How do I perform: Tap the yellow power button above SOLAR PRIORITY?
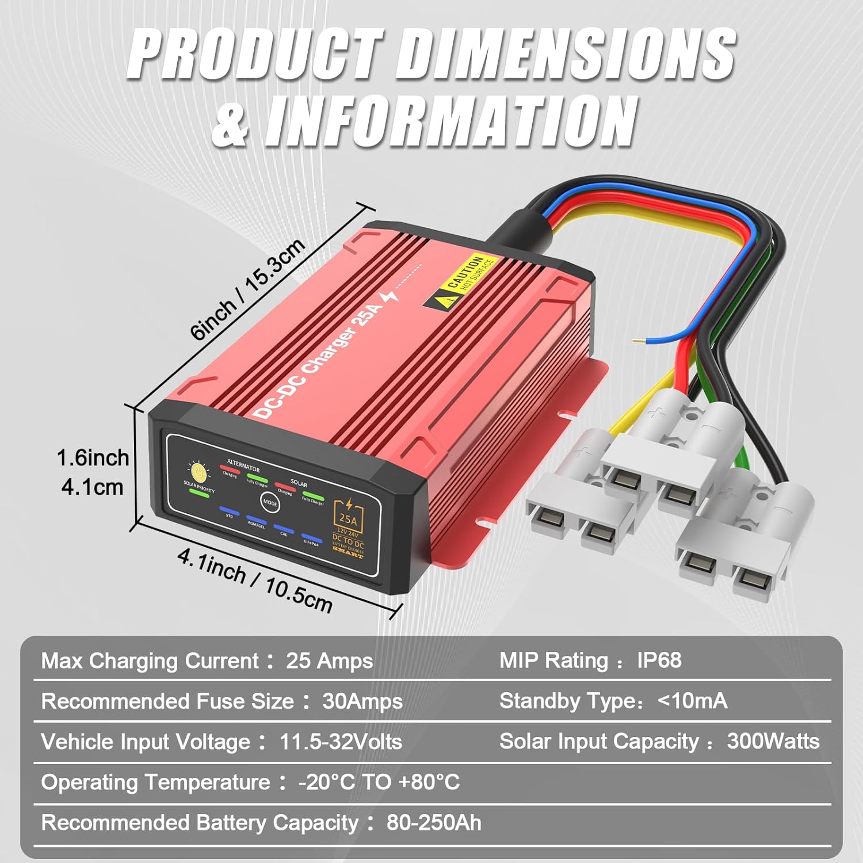click(x=198, y=472)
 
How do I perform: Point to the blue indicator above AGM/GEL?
click(x=255, y=518)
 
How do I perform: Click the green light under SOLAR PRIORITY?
click(x=198, y=494)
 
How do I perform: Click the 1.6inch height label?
click(x=92, y=459)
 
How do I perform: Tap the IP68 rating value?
click(x=659, y=660)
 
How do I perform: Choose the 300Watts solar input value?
click(x=773, y=742)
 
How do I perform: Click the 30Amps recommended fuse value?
click(x=362, y=701)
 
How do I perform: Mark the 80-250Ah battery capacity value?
click(x=434, y=823)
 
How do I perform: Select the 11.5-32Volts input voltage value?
click(x=341, y=742)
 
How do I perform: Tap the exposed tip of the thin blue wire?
click(x=635, y=341)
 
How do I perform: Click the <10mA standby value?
click(x=692, y=701)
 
